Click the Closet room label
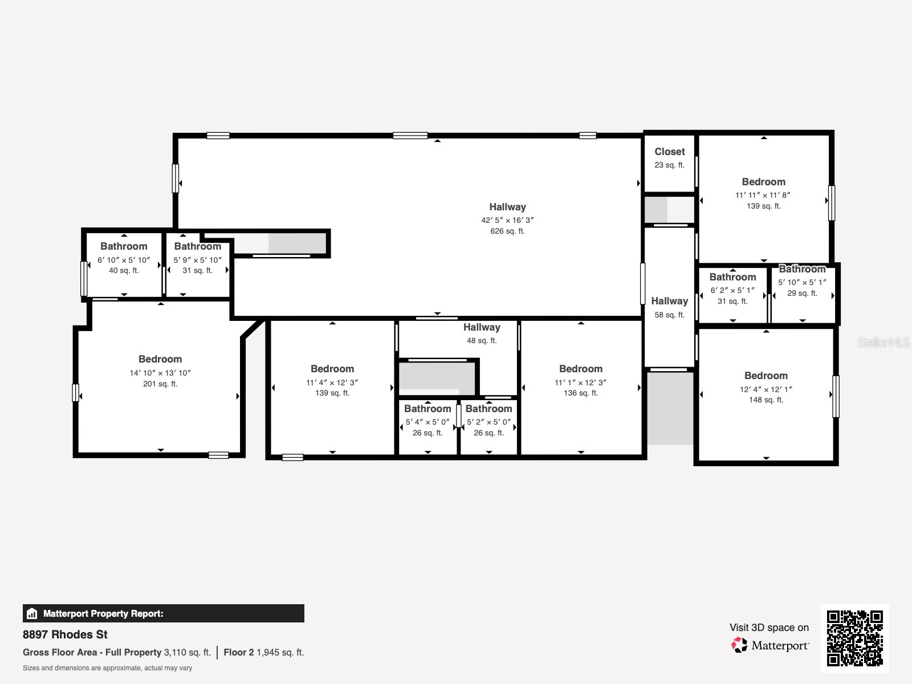coord(669,152)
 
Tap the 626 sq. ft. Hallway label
coord(507,207)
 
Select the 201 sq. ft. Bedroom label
coord(160,359)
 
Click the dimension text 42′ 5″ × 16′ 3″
coord(507,220)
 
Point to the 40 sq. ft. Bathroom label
coord(124,246)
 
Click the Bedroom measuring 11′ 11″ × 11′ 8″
coord(763,182)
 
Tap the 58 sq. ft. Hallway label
coord(669,301)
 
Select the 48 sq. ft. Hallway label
coord(482,327)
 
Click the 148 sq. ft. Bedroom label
coord(766,376)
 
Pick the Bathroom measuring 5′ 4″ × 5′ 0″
coord(427,409)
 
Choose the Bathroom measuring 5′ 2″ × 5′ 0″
coord(488,409)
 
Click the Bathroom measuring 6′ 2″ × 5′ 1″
coord(732,277)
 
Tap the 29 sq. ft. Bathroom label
coord(802,269)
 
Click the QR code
coord(854,638)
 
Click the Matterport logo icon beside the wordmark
coord(739,645)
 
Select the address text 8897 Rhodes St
coord(65,634)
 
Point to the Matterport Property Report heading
coord(103,614)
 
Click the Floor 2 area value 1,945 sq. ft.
coord(280,652)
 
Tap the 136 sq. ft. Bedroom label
coord(580,369)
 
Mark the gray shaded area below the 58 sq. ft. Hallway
coord(670,408)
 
